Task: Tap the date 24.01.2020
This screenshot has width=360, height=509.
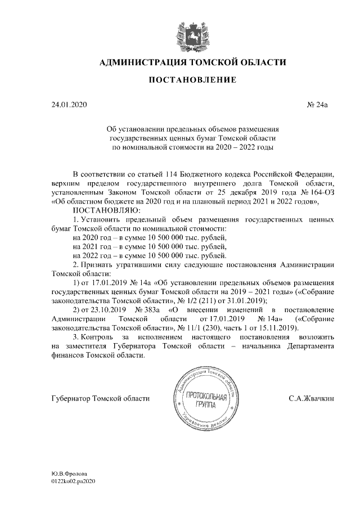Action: point(69,105)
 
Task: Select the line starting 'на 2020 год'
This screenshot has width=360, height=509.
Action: point(150,238)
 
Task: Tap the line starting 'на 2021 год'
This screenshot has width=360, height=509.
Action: point(150,246)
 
